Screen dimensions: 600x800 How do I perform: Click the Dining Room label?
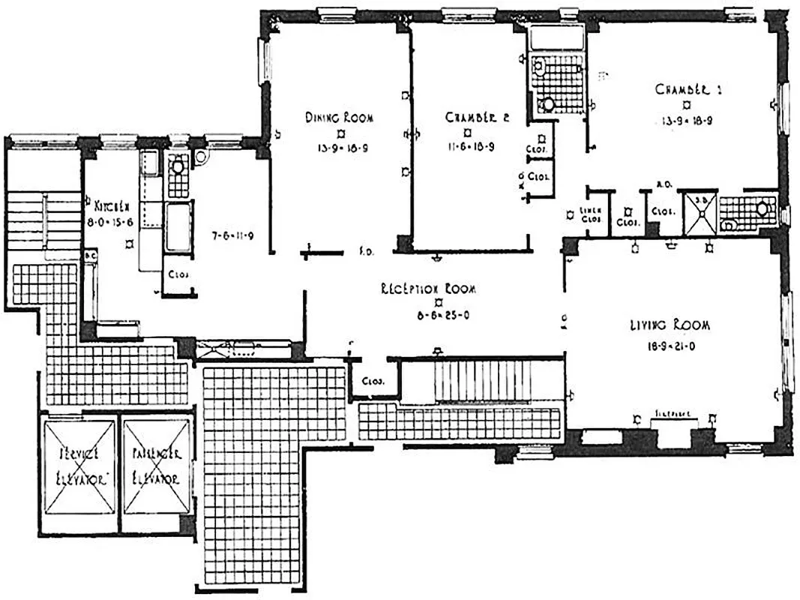(x=339, y=117)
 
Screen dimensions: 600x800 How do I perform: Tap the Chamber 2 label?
(x=468, y=117)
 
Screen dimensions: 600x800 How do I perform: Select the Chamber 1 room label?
(x=688, y=89)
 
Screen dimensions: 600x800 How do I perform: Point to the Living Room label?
(x=670, y=325)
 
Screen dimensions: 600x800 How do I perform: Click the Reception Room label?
(x=428, y=289)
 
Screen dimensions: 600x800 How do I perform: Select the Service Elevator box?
(x=79, y=467)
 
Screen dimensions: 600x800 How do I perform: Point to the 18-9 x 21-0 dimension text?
(x=670, y=346)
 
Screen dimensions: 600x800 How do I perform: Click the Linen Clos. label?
(x=592, y=215)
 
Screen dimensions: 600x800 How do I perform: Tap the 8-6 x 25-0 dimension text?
(x=428, y=316)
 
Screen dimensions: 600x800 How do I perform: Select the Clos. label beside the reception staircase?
(x=373, y=380)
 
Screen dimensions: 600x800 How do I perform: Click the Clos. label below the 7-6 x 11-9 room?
(x=178, y=274)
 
